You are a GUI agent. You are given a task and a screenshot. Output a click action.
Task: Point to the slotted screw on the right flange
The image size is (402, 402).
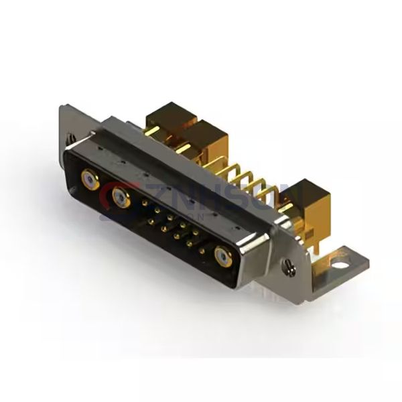pyautogui.click(x=289, y=269)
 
